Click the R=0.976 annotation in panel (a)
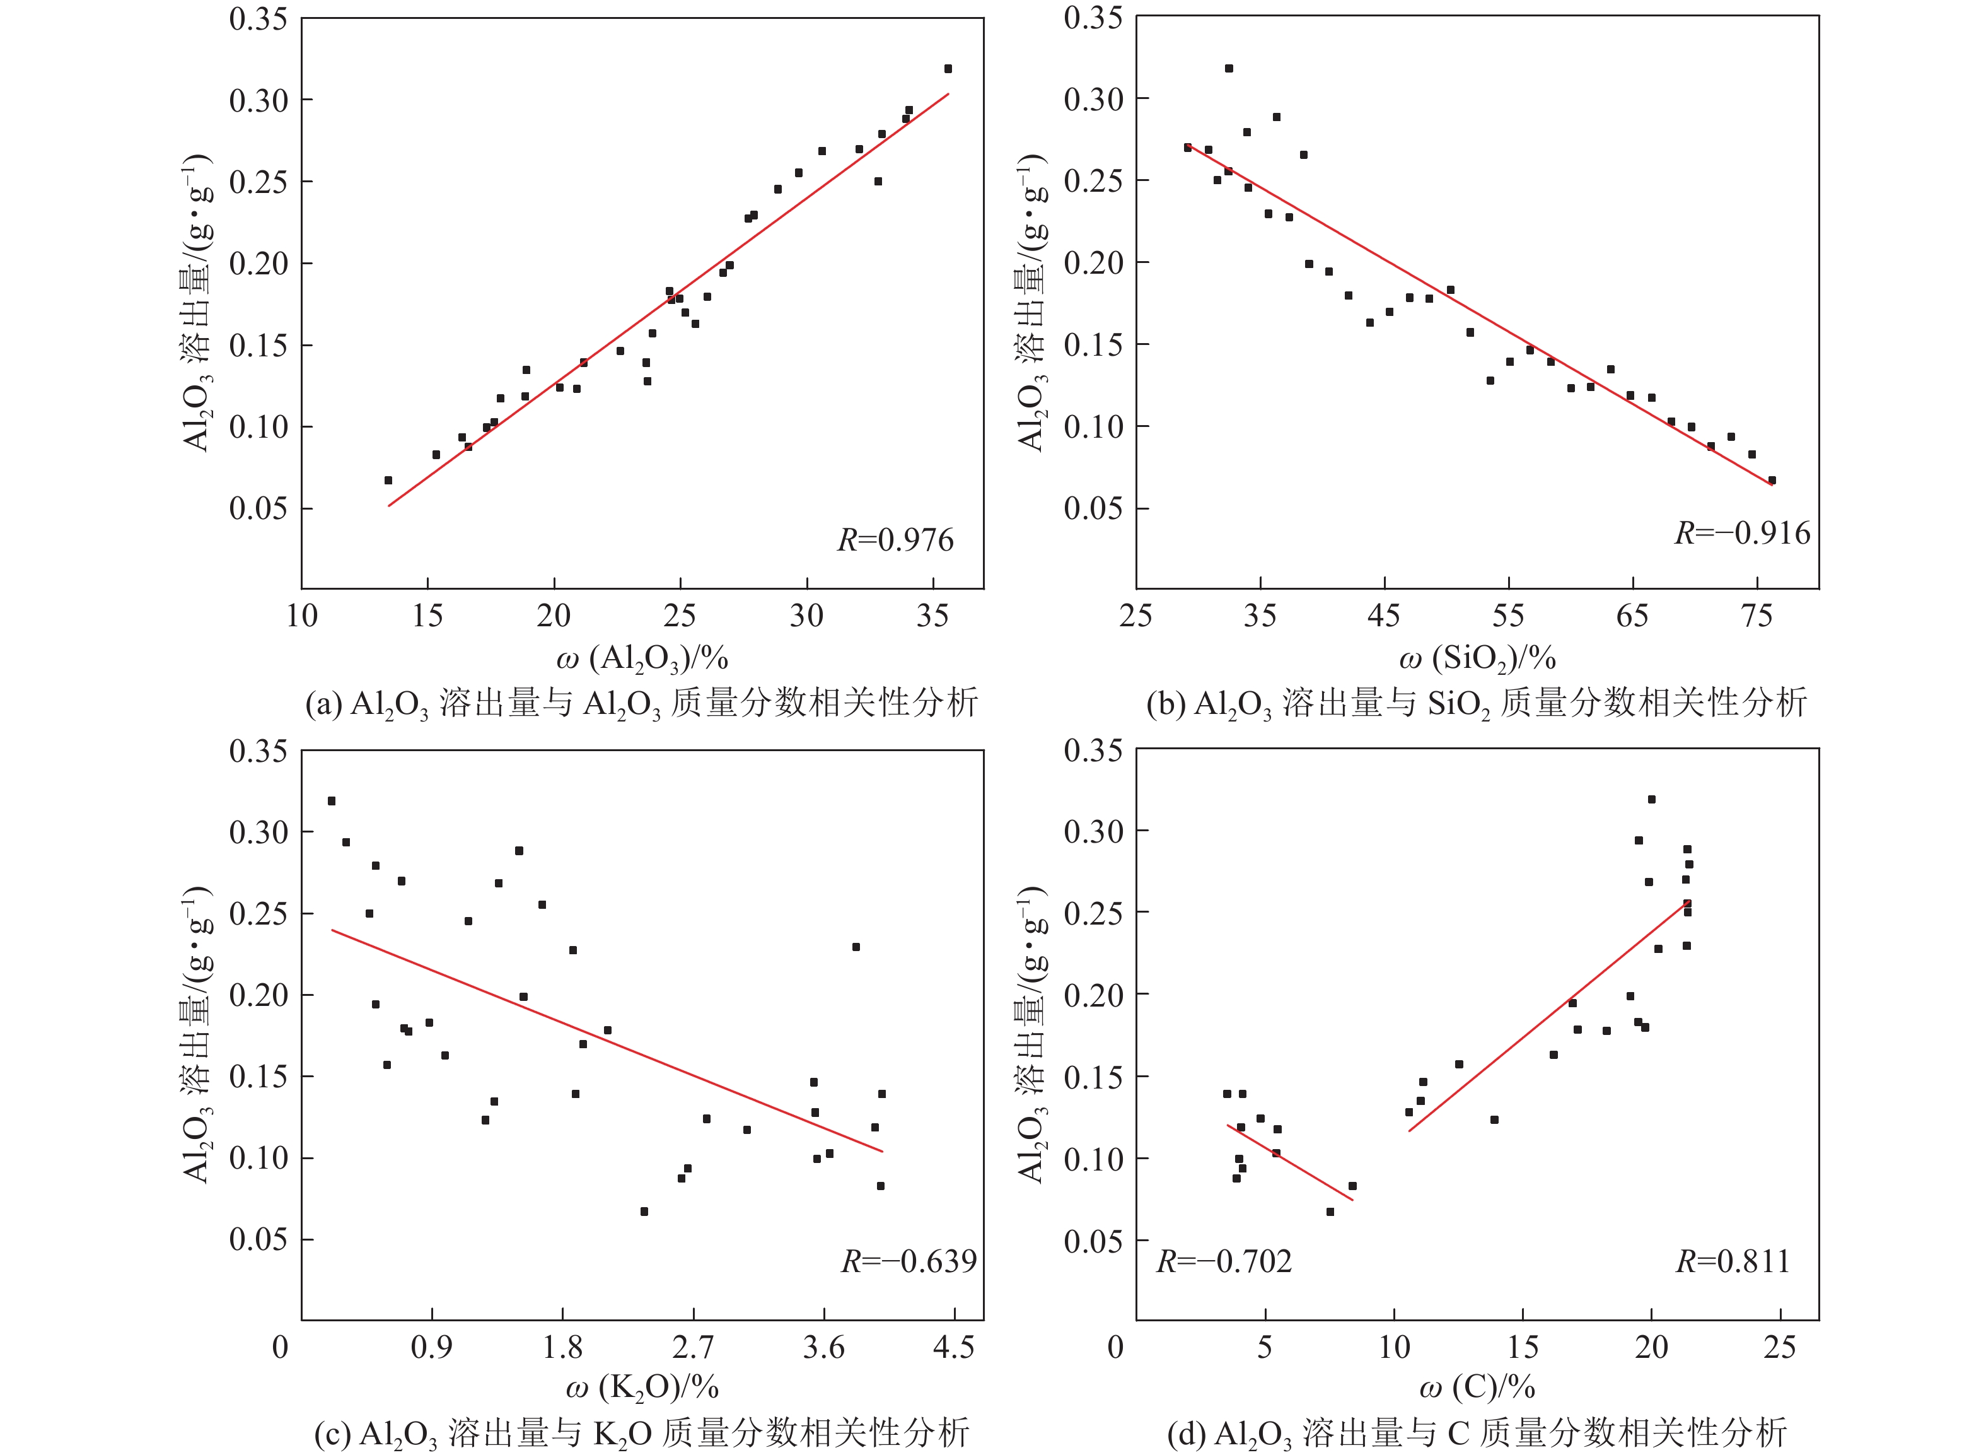click(895, 540)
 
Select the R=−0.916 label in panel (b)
click(1741, 533)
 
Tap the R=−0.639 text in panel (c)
click(909, 1261)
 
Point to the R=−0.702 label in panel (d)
click(1224, 1261)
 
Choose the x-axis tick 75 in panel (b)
click(1757, 616)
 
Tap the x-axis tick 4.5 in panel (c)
click(953, 1347)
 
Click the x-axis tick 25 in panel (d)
click(1779, 1347)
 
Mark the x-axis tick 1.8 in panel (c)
click(562, 1347)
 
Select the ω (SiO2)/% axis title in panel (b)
click(1477, 658)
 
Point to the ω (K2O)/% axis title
click(642, 1387)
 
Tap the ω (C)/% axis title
click(1477, 1387)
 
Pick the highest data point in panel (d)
click(1651, 800)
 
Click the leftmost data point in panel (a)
click(388, 480)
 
